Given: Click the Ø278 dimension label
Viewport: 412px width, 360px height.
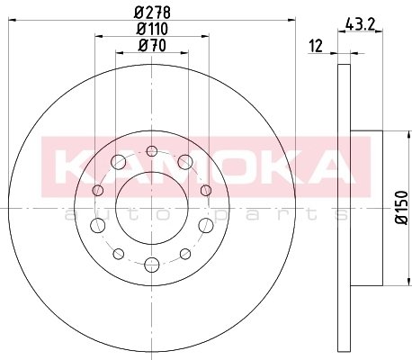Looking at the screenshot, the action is point(152,13).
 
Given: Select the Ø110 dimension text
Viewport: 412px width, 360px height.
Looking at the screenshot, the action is point(152,29).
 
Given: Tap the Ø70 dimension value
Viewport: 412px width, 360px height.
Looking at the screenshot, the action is point(152,46).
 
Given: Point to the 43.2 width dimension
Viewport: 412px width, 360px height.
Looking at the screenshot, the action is point(360,24).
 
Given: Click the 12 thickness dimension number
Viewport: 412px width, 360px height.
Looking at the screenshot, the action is point(316,46).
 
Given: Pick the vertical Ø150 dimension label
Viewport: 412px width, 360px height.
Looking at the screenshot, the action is point(402,207).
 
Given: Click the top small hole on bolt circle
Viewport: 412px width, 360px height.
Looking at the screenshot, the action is point(152,151).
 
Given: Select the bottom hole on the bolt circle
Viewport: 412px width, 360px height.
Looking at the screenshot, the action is point(152,265).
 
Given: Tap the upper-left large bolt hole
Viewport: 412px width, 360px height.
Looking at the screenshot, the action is point(118,162).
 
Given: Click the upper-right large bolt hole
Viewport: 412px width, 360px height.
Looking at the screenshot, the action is point(185,162).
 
